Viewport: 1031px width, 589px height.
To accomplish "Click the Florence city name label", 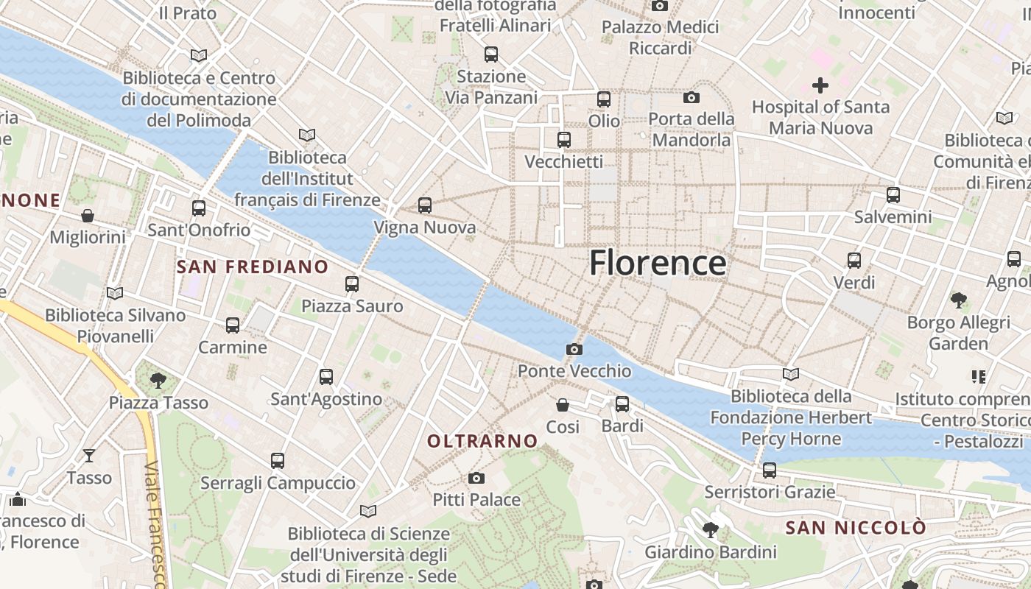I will click(x=658, y=263).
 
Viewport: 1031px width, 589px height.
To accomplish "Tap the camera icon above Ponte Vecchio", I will click(x=574, y=349).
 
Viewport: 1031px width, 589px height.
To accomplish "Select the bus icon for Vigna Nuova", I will click(x=425, y=205).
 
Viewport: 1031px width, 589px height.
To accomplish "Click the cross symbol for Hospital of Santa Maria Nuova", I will click(x=820, y=85).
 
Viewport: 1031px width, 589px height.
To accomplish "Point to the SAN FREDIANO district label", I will click(x=253, y=267).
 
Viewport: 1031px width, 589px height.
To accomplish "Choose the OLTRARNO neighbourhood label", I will click(x=483, y=441).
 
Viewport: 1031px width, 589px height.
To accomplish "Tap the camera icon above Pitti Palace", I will click(x=476, y=478).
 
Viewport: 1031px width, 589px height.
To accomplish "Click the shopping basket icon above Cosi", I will click(x=563, y=405).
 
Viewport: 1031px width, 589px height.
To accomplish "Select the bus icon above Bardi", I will click(x=622, y=403).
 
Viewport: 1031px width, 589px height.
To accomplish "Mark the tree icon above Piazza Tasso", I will click(x=158, y=381).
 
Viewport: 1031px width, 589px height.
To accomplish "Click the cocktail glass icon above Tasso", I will click(x=89, y=456).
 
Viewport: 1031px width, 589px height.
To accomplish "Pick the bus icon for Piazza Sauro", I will click(x=352, y=283).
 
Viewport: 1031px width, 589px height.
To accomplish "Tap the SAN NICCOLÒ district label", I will click(x=856, y=528).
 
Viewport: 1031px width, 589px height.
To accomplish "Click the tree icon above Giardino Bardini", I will click(x=711, y=529).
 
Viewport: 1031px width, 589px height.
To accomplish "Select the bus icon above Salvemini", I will click(x=893, y=195).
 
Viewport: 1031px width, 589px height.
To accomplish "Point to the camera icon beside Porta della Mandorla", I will click(x=691, y=97).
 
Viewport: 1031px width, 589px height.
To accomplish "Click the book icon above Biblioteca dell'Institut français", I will click(x=307, y=135).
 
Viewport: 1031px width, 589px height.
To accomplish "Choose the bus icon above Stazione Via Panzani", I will click(x=491, y=54).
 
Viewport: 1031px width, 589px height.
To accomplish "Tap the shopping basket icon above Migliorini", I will click(x=88, y=216).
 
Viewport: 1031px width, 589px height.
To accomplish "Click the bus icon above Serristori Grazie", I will click(x=770, y=469).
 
